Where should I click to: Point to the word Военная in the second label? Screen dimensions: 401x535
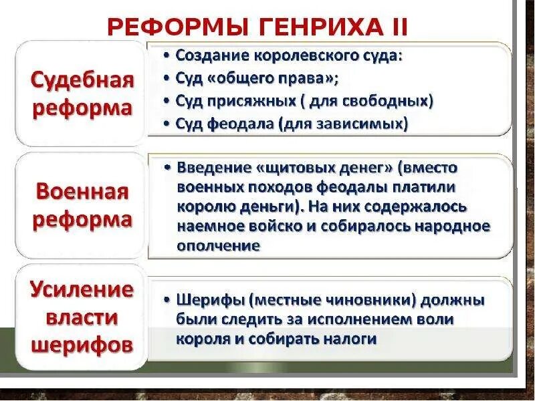(82, 193)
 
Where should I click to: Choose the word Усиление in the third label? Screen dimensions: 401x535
(82, 291)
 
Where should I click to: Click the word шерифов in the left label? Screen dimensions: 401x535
(82, 346)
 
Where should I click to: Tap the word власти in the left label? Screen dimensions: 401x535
(82, 318)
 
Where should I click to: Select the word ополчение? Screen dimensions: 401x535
(218, 245)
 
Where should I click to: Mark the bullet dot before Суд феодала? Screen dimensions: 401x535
(167, 124)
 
